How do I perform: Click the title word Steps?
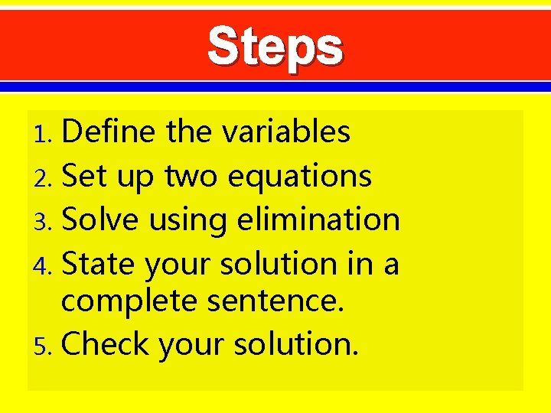coord(275,47)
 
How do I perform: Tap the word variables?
coord(286,132)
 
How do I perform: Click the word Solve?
coord(100,220)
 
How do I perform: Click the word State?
coord(98,264)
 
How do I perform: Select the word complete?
coord(129,302)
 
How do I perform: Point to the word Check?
coord(105,344)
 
